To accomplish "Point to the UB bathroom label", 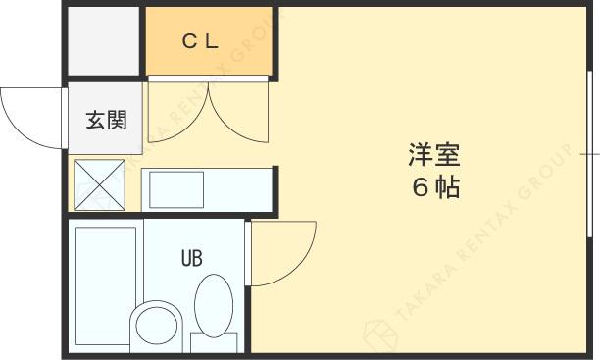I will click(191, 260).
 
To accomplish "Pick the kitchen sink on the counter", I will click(176, 188).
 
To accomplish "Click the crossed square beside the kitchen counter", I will click(100, 185).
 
